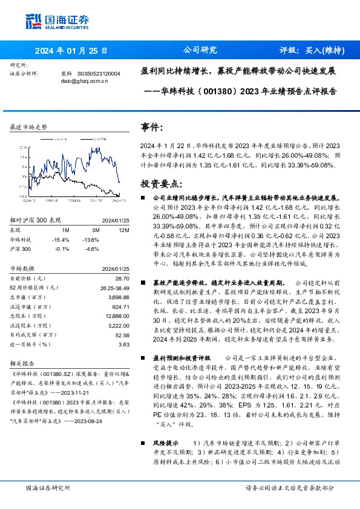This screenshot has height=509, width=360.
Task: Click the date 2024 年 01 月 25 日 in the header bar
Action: (71, 51)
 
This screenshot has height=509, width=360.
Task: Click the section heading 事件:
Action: (152, 128)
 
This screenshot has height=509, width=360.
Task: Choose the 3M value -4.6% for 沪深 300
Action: (92, 249)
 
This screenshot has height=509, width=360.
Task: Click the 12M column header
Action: (124, 231)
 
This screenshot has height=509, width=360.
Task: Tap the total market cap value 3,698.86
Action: (118, 297)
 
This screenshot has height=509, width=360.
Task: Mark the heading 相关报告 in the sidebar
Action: (23, 364)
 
